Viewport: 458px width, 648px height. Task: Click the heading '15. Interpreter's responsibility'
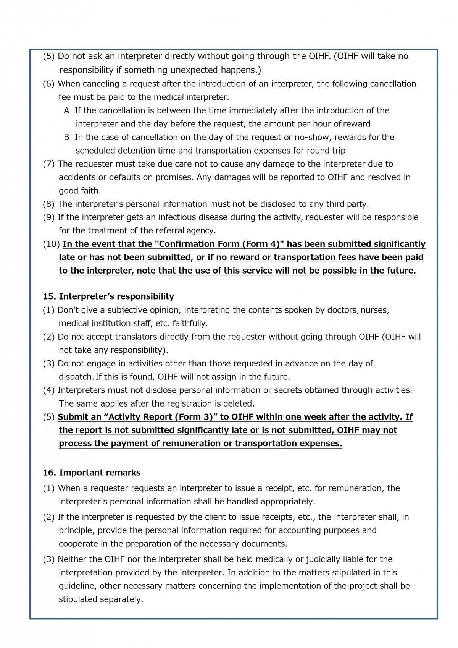tap(108, 296)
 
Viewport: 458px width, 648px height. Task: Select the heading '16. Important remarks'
tap(92, 473)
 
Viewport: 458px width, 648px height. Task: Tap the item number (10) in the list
tap(51, 244)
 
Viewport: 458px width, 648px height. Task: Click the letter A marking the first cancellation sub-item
tap(67, 111)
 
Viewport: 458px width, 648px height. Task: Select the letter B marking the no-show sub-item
tap(67, 138)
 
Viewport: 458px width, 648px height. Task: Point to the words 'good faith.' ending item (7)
tap(79, 191)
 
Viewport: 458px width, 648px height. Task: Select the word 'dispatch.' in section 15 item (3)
tap(76, 377)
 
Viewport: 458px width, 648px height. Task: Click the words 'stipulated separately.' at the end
tap(101, 599)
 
